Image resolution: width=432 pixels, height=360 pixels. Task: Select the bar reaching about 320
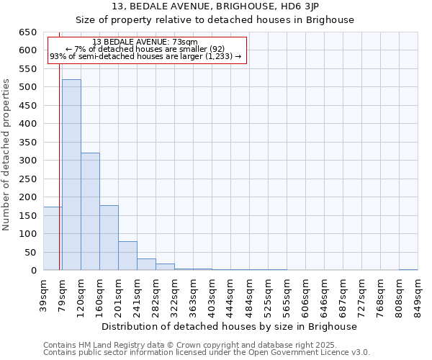click(x=90, y=212)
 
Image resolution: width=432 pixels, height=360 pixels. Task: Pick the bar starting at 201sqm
click(x=127, y=256)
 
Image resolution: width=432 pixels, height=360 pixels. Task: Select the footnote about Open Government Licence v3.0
click(x=207, y=352)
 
